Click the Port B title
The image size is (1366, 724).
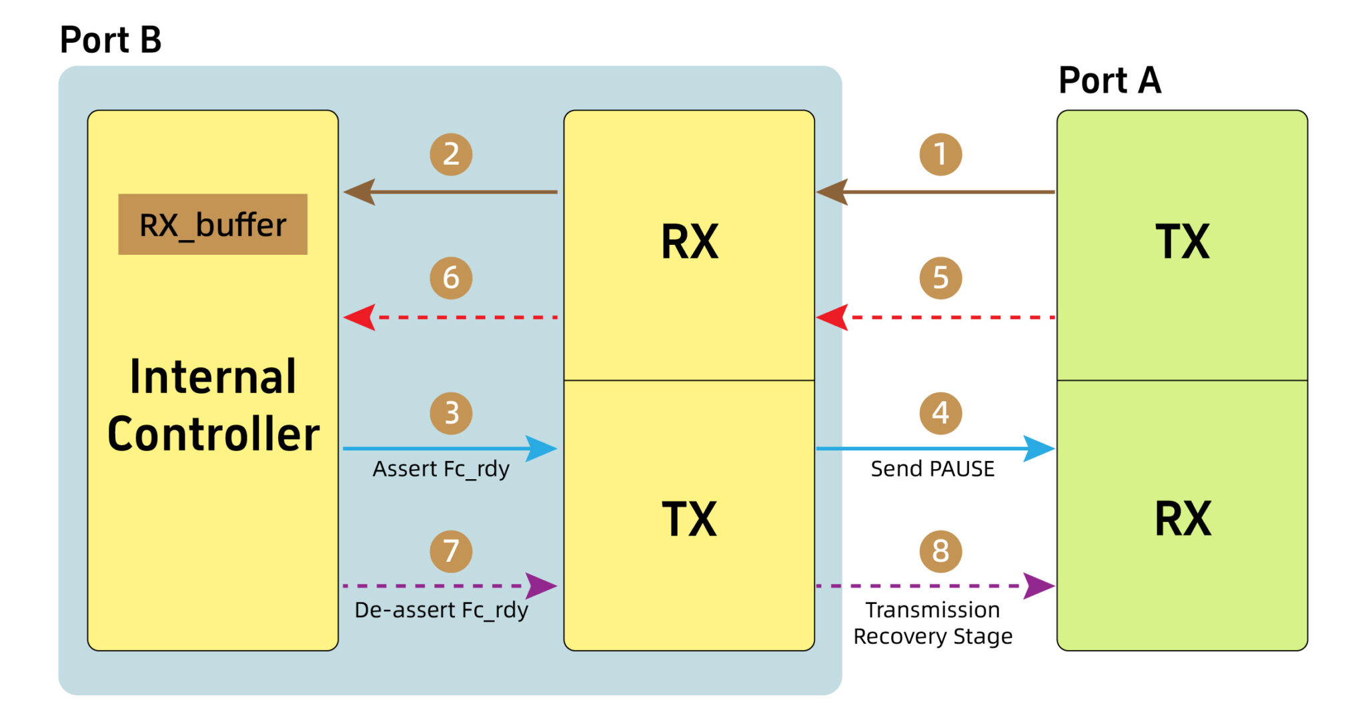pos(111,39)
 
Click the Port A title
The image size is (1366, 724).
pos(1110,81)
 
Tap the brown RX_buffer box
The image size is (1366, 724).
pos(213,224)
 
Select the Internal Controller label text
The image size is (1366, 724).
pos(213,405)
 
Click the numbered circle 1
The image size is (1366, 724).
pos(940,154)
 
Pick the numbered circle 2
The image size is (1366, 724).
pos(451,154)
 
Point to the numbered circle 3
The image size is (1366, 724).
pos(451,413)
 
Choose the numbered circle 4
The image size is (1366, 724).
pos(940,413)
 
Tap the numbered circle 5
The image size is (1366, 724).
pos(940,278)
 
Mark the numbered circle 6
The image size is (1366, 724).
pos(451,278)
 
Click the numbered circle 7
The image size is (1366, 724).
pos(451,551)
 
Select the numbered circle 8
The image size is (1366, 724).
pos(940,551)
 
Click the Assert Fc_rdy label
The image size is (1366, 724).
pos(441,469)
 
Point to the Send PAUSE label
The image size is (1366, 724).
pos(932,469)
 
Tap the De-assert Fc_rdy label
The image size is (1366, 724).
pos(441,610)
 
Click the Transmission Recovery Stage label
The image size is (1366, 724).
pos(932,623)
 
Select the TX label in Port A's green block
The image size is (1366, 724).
pos(1182,242)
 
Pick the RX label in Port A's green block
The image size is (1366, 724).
pos(1182,518)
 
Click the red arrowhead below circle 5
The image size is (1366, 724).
pos(831,318)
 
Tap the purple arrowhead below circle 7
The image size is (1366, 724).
pos(540,586)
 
